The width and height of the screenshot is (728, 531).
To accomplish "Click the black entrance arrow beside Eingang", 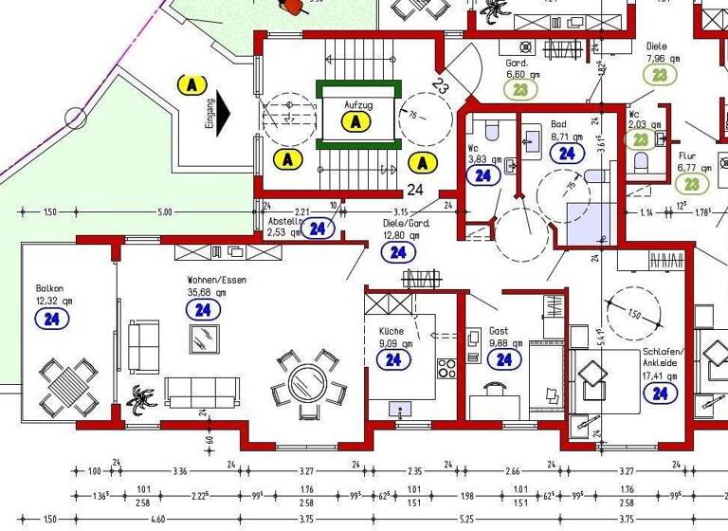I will [x=222, y=114].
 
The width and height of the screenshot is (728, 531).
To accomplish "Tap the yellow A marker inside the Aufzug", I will [x=355, y=121].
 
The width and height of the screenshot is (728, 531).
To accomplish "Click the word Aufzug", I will [x=357, y=104].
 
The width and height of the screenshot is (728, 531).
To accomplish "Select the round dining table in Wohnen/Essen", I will [x=305, y=383].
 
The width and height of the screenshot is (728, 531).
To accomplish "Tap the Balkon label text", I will [x=49, y=288].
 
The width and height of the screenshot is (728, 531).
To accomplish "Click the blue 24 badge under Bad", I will [x=567, y=153].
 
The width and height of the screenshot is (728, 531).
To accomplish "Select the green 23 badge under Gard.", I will [x=520, y=90].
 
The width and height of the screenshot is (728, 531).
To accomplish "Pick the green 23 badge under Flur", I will [x=692, y=184].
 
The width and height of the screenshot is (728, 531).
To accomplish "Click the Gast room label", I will [x=498, y=333].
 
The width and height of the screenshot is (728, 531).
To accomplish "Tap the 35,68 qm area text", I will [x=208, y=293].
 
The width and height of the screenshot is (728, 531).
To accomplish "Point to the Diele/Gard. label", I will [x=406, y=224].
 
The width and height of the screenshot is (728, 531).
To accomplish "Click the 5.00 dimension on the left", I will [x=165, y=212].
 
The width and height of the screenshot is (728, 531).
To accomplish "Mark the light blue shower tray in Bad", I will [x=581, y=224].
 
